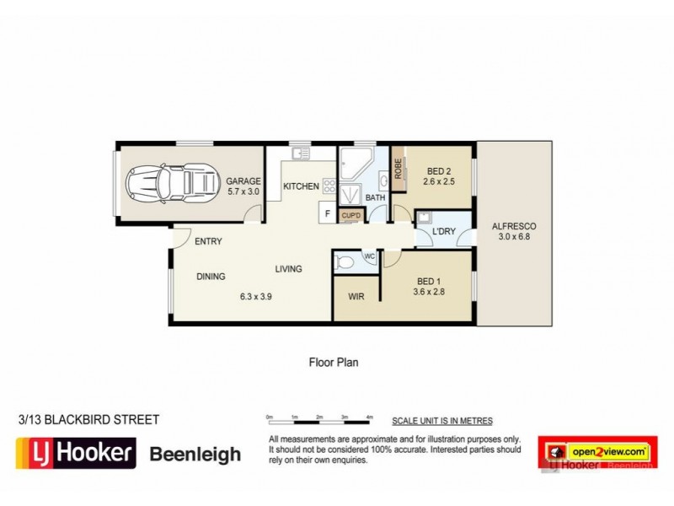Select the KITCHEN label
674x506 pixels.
tap(300, 186)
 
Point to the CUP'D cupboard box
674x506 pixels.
tap(350, 216)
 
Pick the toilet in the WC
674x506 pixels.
tap(344, 263)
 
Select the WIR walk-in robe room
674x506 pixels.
tap(356, 297)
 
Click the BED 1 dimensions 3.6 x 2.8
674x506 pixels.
tap(430, 291)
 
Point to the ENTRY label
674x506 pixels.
tap(208, 241)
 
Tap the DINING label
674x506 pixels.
tap(211, 276)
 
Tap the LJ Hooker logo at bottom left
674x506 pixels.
tap(76, 454)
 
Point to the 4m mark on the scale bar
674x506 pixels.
tap(370, 417)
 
